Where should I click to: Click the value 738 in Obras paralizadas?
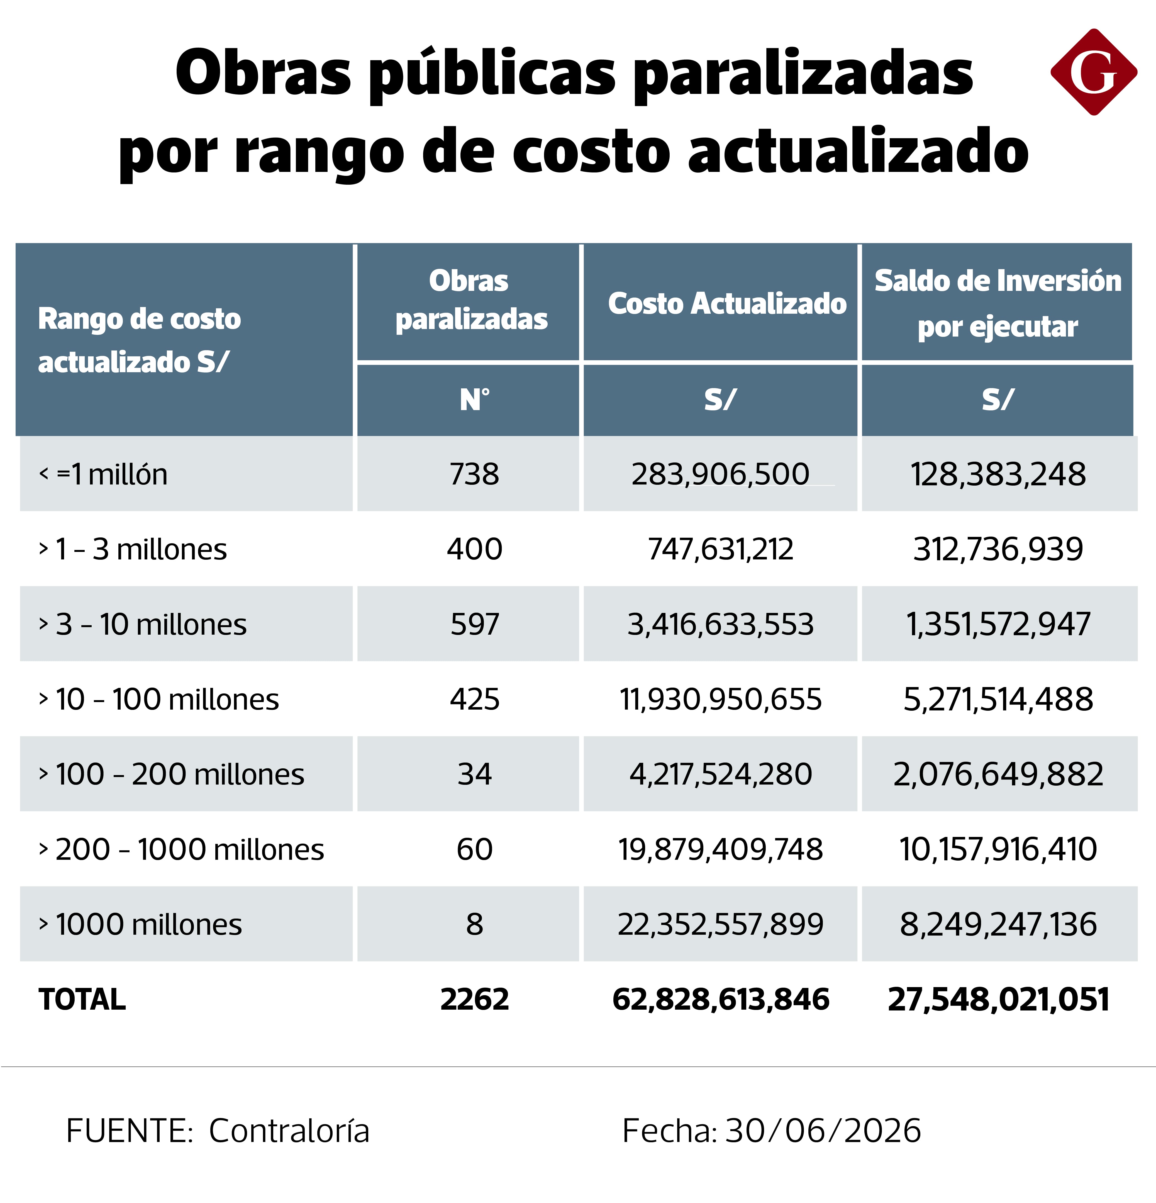pos(474,474)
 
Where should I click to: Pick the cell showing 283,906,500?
pos(720,474)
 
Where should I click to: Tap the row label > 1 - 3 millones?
pos(133,549)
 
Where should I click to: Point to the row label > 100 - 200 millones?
pos(171,774)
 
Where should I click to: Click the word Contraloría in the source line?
pos(289,1131)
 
